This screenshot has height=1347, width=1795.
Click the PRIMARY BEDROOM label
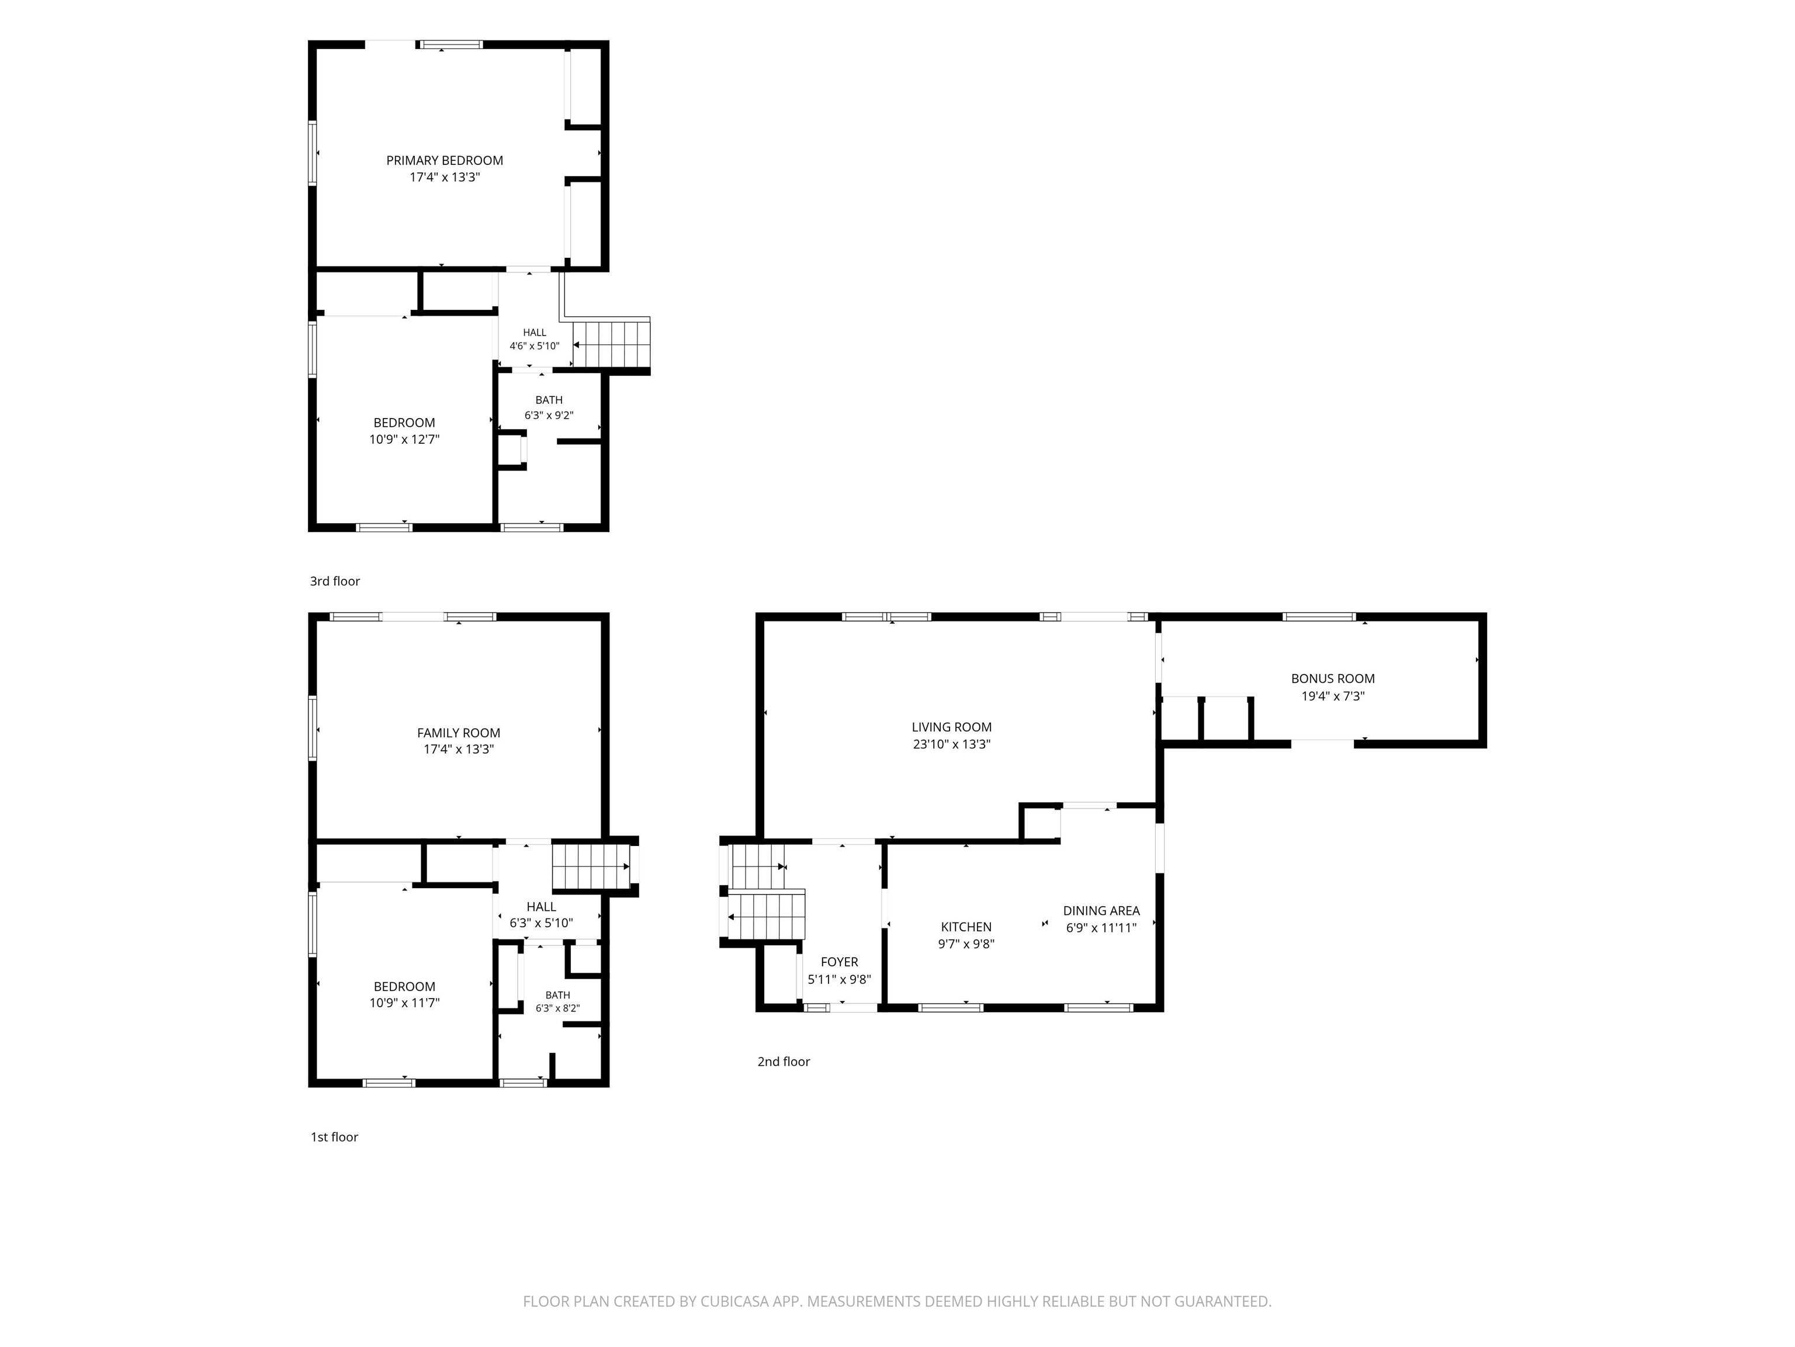444,161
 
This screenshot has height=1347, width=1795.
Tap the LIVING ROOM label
951,727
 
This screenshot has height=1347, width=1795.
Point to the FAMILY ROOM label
459,733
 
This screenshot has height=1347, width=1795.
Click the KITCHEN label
966,927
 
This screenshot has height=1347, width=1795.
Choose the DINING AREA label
1101,911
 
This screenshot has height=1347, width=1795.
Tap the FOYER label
839,962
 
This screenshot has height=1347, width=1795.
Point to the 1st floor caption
334,1137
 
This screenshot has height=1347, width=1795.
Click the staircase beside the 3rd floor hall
612,344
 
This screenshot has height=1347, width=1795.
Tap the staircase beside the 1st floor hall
591,867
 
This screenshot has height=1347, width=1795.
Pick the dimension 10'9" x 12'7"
404,439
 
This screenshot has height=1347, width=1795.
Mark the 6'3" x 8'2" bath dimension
557,1008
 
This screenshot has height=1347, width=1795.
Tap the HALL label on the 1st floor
541,907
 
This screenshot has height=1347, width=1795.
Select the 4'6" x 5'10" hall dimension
534,346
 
